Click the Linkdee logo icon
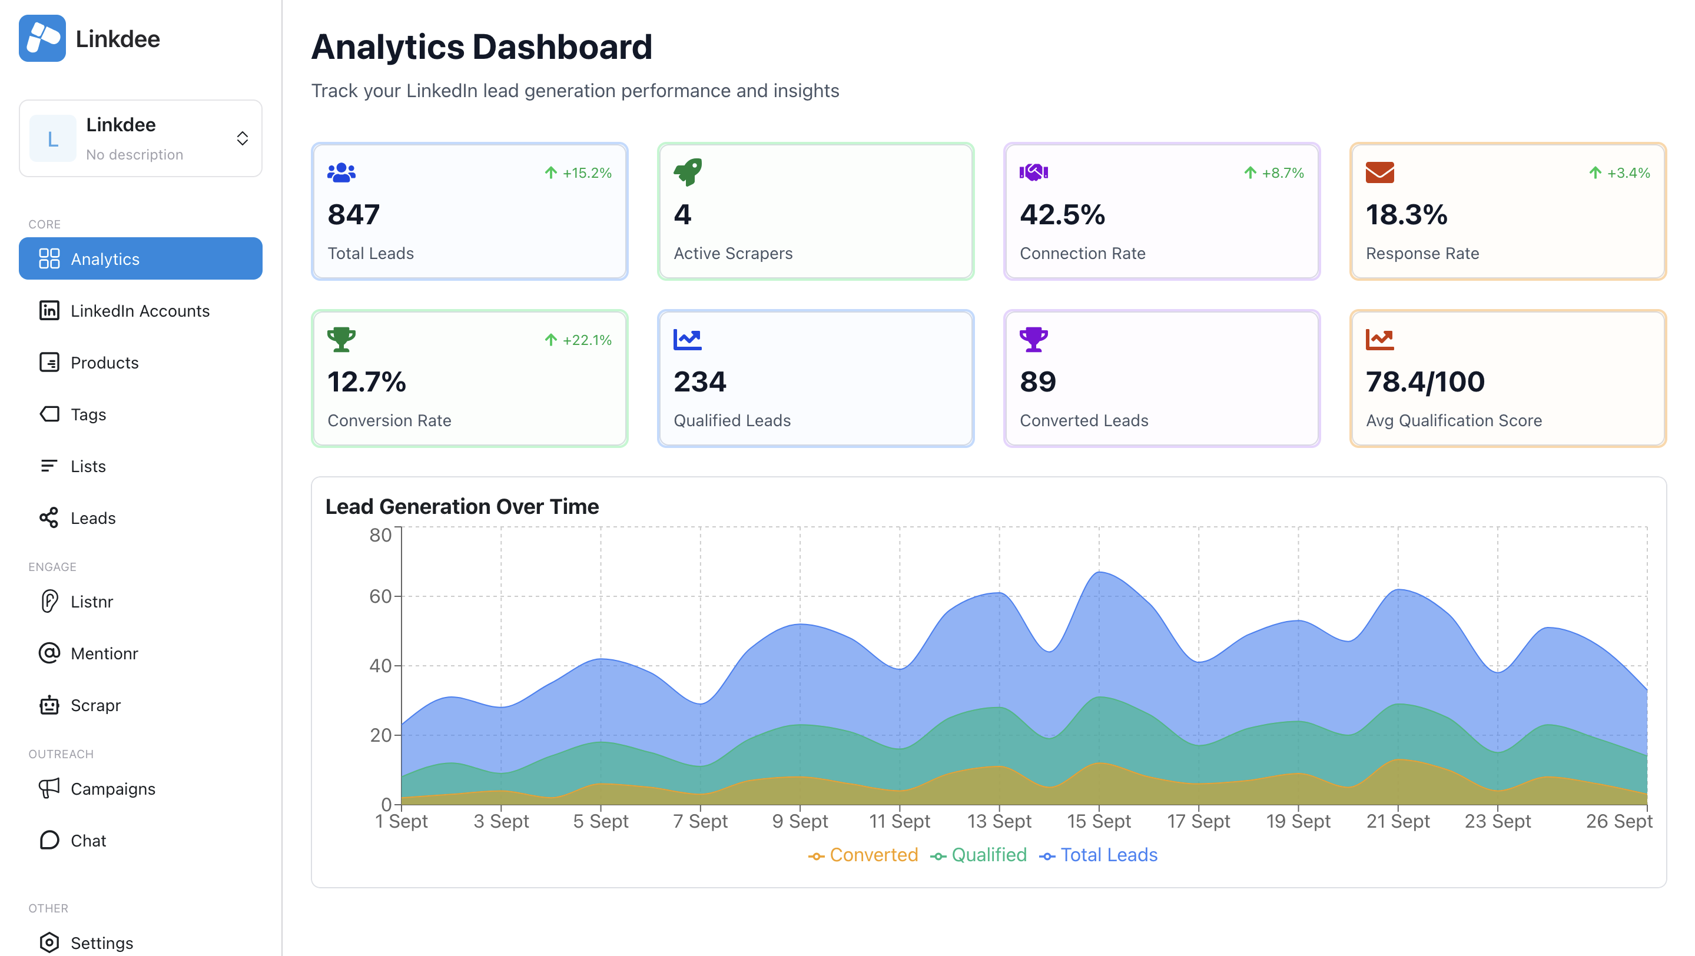point(42,38)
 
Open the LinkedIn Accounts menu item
point(140,311)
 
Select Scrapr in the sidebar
point(95,705)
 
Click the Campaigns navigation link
point(112,788)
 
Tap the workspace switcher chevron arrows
point(242,138)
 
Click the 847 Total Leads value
point(353,214)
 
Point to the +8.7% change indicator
point(1274,173)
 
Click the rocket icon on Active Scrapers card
point(688,172)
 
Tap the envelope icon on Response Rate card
point(1379,172)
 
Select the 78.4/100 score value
point(1425,381)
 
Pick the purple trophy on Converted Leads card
point(1033,340)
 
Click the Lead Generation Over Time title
point(462,506)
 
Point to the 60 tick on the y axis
point(380,596)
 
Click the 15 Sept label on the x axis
point(1098,821)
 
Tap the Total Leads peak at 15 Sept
point(1099,572)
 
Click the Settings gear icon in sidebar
point(49,942)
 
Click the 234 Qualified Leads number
point(699,381)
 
